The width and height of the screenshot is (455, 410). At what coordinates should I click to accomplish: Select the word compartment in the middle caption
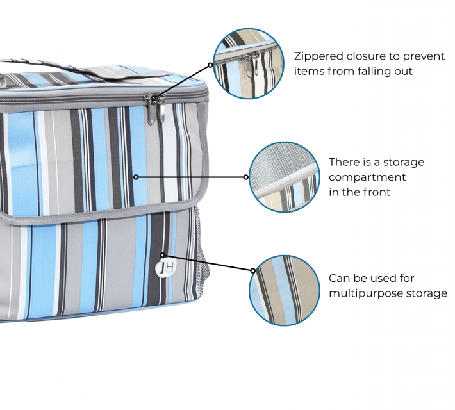coord(367,177)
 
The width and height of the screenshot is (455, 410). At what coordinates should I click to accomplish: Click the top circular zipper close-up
coord(248,63)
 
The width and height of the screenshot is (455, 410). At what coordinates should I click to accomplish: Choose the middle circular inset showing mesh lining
coord(284,177)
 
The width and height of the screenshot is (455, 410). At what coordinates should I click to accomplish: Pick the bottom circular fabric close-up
coord(284,290)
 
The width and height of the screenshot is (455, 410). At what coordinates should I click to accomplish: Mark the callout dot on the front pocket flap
coord(136,177)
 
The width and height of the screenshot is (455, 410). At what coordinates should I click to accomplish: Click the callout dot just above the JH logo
coord(164,254)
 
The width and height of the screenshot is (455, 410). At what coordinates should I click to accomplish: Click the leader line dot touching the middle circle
coord(247,177)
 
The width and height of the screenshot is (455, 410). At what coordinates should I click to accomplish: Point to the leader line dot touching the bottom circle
coord(252,270)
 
